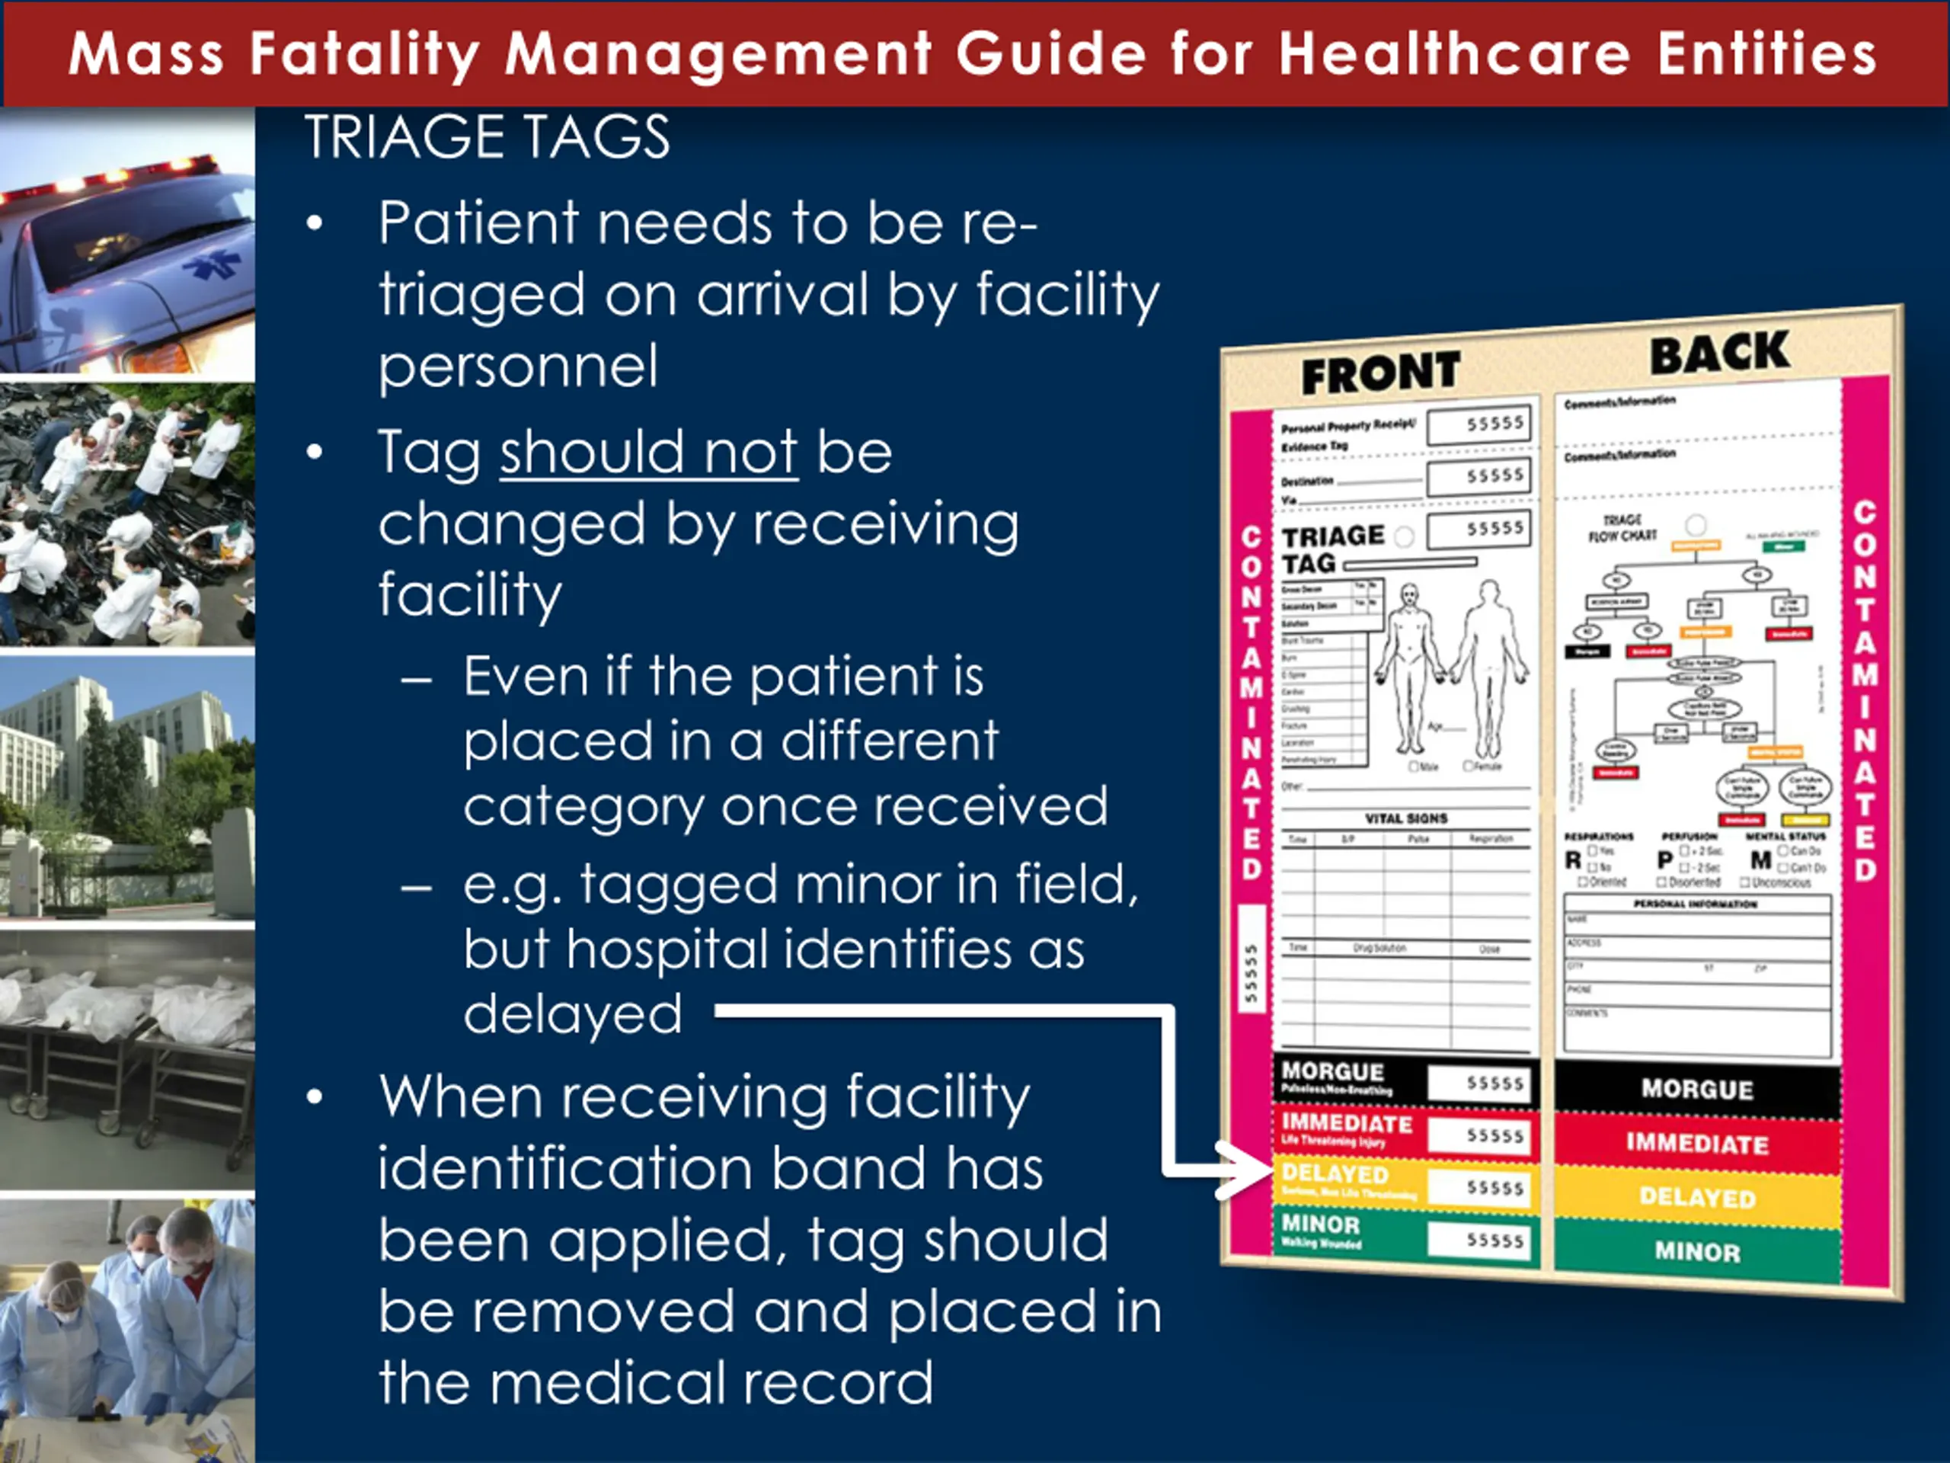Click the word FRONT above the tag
coord(1380,373)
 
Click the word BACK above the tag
coord(1719,354)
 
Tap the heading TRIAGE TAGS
coord(487,138)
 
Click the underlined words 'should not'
coord(649,453)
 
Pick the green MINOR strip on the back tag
coord(1697,1251)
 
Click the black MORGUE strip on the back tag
coord(1697,1089)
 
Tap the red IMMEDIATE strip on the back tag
coord(1697,1144)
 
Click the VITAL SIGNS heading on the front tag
coord(1406,818)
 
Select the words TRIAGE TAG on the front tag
coord(1333,549)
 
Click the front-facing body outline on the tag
coord(1410,671)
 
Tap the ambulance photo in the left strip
coord(128,242)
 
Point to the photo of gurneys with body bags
coord(128,1058)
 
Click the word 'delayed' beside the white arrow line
coord(573,1014)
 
